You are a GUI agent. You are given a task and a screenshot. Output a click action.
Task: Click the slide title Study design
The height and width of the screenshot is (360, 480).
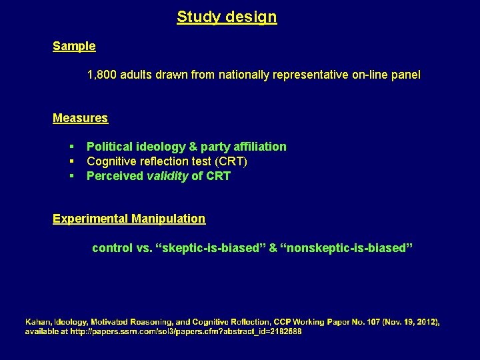[227, 17]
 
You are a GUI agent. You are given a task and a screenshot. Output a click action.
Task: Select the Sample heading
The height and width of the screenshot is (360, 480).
[74, 46]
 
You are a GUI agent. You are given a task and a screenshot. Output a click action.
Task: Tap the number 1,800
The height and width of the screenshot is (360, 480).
[102, 75]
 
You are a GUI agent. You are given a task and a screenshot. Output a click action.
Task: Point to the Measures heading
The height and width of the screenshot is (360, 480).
[80, 118]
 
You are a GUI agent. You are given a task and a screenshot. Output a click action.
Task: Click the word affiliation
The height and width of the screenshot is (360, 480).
[257, 147]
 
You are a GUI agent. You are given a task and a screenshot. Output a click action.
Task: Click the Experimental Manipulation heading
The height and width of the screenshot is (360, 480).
[129, 219]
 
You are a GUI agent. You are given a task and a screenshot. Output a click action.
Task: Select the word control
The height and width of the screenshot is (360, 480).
[112, 248]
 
